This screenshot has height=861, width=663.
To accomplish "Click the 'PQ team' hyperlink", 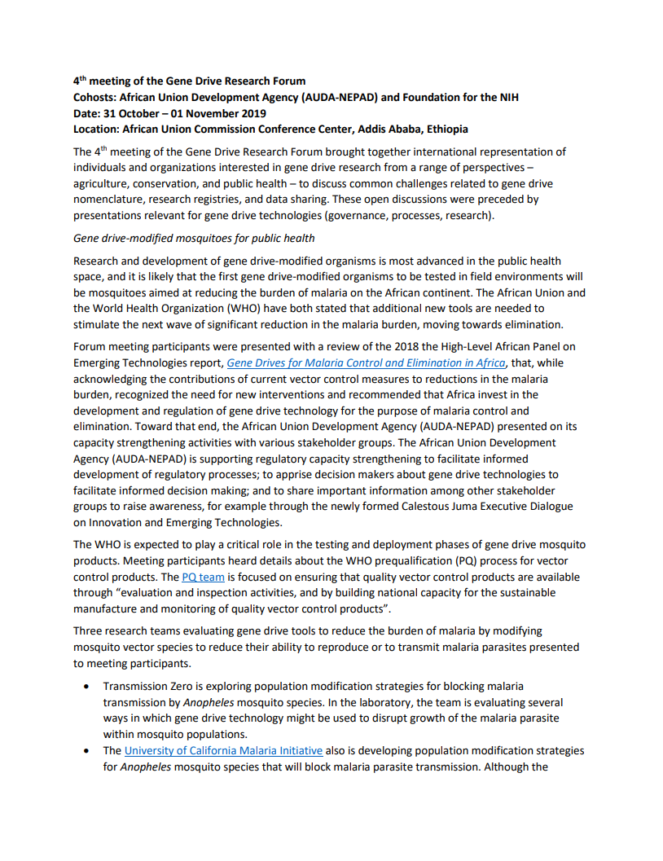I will click(203, 577).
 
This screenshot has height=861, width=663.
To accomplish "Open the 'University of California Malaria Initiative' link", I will click(223, 750).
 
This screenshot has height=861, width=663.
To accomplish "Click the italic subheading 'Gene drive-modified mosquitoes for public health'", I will click(194, 238).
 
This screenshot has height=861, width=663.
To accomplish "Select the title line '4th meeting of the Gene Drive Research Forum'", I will click(190, 81).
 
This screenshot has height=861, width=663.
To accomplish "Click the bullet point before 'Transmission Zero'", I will click(87, 687).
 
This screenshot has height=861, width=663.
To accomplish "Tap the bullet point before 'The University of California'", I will click(87, 751).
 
